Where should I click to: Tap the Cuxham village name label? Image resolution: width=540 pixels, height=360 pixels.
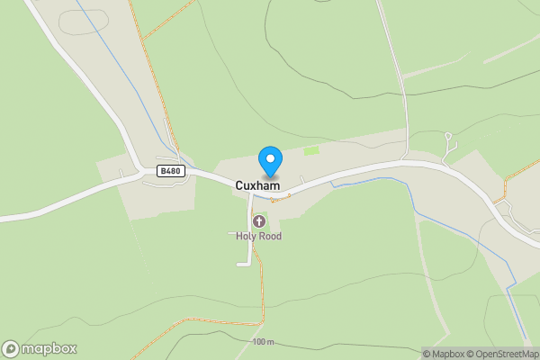[x=257, y=185]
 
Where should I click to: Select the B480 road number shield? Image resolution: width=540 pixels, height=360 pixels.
[x=172, y=170]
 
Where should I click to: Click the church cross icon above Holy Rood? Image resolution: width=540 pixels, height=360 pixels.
[x=259, y=221]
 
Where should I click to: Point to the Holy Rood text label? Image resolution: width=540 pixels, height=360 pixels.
[x=259, y=236]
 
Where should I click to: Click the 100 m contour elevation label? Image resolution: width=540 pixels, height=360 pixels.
[x=263, y=342]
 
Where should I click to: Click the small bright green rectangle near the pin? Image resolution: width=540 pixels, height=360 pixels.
[x=311, y=150]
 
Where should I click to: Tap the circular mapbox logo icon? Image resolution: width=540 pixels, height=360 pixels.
[x=11, y=349]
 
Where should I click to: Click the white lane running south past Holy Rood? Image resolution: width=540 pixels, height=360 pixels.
[x=249, y=238]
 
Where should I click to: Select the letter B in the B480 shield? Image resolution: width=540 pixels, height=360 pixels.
[x=163, y=170]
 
